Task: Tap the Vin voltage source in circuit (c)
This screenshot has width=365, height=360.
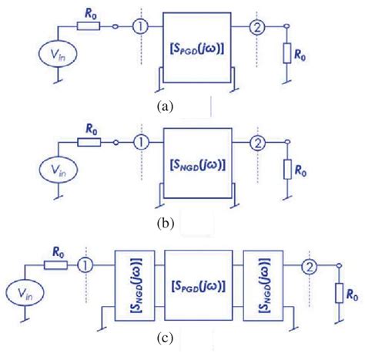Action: (25, 292)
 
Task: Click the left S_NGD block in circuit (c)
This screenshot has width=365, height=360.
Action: (128, 287)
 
